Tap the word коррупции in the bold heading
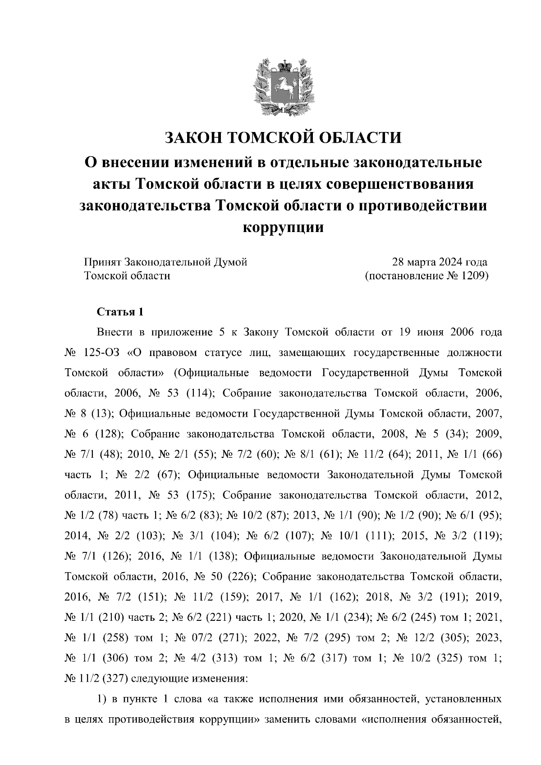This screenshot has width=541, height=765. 283,227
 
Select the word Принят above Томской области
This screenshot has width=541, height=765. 102,262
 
